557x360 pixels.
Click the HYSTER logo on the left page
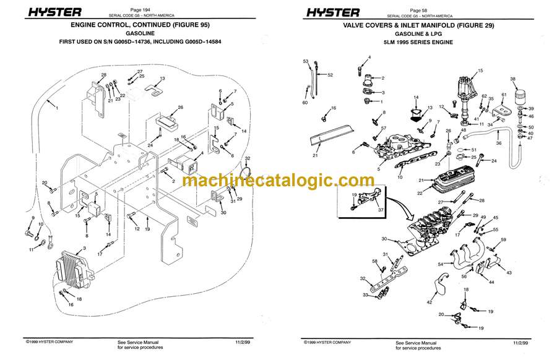[43, 12]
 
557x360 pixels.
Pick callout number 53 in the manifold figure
[306, 62]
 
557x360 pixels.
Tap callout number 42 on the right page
[428, 302]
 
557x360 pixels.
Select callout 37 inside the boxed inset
[381, 209]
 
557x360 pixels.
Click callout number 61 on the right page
[503, 94]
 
